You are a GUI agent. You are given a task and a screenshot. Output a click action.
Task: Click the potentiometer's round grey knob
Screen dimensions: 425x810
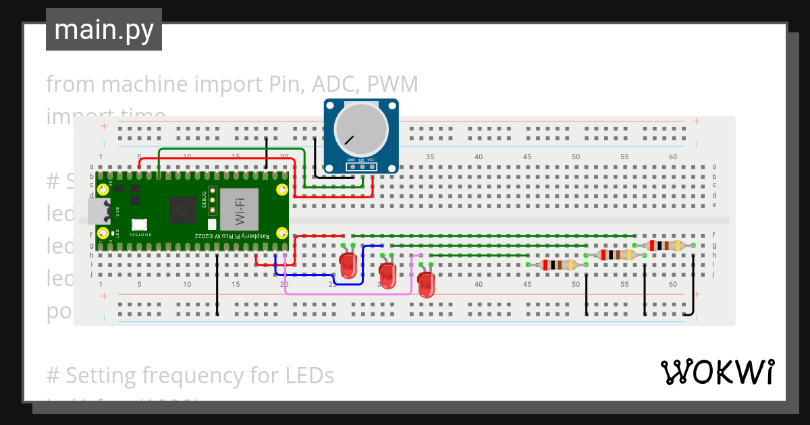click(x=362, y=132)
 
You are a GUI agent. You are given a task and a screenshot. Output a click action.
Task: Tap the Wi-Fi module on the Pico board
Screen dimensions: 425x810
click(x=239, y=210)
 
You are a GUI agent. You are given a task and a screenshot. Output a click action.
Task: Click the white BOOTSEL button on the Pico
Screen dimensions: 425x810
click(x=140, y=225)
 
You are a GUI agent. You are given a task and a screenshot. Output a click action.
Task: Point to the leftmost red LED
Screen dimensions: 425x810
click(x=348, y=265)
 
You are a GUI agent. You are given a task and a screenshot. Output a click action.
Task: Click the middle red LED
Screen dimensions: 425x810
click(x=387, y=275)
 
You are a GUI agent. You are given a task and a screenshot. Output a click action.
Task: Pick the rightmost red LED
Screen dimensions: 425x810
click(x=426, y=284)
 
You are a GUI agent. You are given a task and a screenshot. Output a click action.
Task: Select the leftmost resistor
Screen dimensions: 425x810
click(x=556, y=265)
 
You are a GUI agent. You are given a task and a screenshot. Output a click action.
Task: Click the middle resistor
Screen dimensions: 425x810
click(x=615, y=255)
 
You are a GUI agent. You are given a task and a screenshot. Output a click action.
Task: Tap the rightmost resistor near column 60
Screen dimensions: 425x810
click(x=664, y=246)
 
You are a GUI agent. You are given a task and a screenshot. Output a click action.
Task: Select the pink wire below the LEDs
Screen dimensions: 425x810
click(x=348, y=293)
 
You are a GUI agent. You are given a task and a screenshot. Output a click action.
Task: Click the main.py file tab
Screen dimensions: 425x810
click(x=104, y=30)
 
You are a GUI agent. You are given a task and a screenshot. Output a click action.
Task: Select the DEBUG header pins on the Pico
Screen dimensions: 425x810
click(x=212, y=200)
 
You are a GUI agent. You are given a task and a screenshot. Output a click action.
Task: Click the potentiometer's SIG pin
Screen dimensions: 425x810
click(x=362, y=166)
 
